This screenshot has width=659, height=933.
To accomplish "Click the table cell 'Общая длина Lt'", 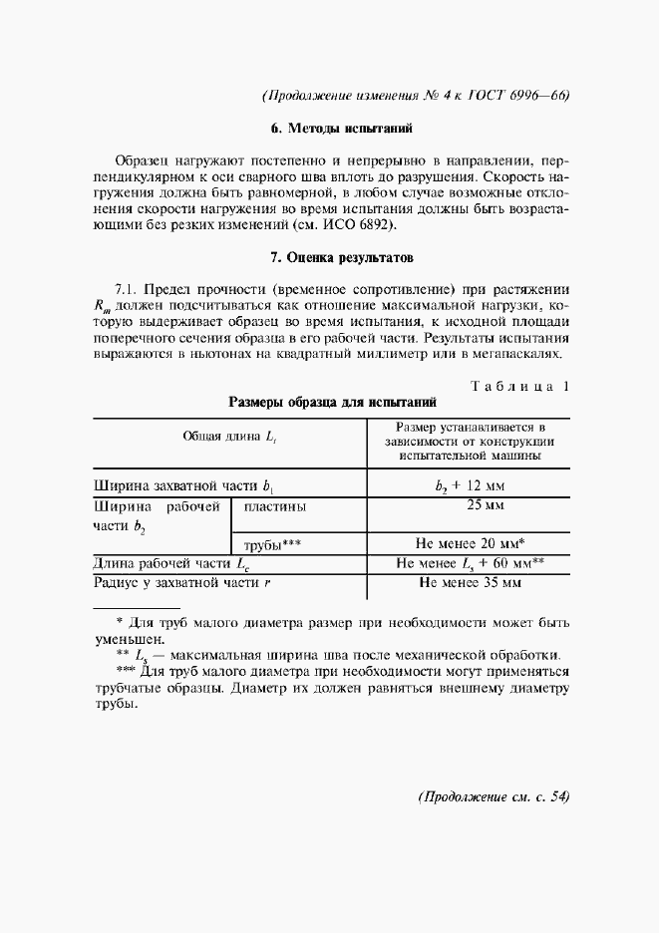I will (228, 438).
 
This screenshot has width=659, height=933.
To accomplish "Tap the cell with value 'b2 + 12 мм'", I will (470, 486).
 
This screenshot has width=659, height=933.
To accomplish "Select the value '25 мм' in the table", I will (470, 506).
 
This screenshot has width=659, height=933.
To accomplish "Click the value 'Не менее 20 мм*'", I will (470, 544).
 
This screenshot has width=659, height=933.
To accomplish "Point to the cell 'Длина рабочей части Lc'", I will (171, 563).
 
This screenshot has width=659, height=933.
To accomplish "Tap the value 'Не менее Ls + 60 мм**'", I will (470, 563).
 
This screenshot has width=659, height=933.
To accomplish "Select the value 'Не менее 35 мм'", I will (470, 582).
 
